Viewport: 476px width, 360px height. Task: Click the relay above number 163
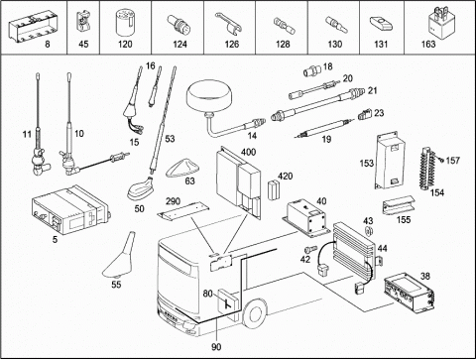click(440, 23)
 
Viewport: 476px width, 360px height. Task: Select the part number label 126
click(232, 45)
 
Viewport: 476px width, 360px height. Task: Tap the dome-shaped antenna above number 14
click(207, 98)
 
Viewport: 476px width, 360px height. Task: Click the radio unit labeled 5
click(70, 210)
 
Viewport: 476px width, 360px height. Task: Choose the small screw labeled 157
click(441, 160)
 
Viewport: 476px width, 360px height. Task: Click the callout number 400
click(248, 152)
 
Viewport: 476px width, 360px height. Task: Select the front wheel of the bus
click(255, 314)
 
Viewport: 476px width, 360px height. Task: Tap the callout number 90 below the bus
click(216, 347)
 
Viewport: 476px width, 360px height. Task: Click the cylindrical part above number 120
click(125, 23)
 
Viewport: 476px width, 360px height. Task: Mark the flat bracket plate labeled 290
click(183, 211)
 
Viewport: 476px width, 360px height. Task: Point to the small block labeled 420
click(273, 190)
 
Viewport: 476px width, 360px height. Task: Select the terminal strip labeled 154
click(427, 170)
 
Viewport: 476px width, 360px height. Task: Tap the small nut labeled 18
click(312, 70)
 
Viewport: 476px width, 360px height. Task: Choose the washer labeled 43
click(369, 231)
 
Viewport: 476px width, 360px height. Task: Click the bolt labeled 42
click(310, 249)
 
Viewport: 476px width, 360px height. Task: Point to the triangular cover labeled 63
click(182, 169)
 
